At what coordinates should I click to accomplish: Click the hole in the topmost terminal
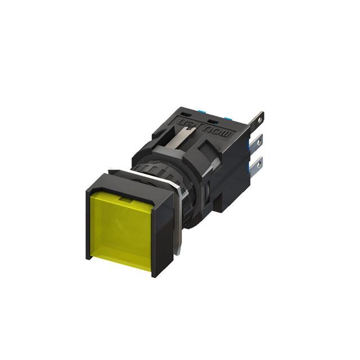(x=259, y=118)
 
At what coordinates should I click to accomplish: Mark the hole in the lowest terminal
(x=258, y=163)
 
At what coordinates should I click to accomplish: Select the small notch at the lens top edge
(x=125, y=198)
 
